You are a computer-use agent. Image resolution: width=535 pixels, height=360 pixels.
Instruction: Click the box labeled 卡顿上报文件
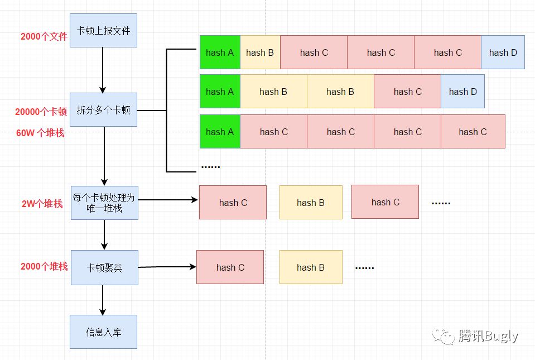[x=103, y=31]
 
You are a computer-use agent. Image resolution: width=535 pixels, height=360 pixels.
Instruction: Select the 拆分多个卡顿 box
[x=103, y=110]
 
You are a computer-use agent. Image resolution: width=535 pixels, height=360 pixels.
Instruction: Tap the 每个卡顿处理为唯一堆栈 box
[x=104, y=203]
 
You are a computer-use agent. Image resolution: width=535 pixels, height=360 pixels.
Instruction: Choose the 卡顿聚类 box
[x=104, y=268]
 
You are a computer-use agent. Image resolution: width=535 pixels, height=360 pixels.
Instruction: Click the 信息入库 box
[x=103, y=332]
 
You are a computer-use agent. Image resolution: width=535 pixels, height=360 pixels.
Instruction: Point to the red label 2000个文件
[x=44, y=37]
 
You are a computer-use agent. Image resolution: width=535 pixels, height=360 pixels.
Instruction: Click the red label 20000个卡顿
[x=41, y=112]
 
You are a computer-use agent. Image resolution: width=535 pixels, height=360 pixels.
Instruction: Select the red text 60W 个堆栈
[x=40, y=133]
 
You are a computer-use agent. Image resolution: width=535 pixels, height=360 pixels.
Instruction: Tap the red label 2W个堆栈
[x=42, y=204]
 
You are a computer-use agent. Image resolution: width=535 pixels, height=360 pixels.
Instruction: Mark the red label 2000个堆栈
[x=44, y=267]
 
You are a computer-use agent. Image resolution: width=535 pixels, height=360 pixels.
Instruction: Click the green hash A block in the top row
[x=220, y=52]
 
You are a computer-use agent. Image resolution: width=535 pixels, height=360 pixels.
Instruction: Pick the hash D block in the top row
[x=503, y=52]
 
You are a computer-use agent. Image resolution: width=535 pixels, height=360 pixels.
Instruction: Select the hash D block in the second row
[x=462, y=92]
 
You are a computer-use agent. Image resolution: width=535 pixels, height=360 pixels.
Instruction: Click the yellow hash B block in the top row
[x=260, y=52]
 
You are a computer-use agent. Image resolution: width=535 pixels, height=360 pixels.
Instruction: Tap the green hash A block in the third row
[x=220, y=132]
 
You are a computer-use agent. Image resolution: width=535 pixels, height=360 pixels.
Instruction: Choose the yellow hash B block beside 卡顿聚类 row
[x=311, y=267]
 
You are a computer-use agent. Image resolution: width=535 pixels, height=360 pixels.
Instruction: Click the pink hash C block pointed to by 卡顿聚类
[x=230, y=267]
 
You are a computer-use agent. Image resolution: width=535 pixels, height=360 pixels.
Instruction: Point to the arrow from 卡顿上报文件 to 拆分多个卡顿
[x=103, y=70]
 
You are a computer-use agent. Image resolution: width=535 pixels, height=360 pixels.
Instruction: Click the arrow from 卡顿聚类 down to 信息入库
[x=103, y=300]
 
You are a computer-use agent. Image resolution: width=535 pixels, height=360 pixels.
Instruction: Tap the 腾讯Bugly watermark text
[x=488, y=336]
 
